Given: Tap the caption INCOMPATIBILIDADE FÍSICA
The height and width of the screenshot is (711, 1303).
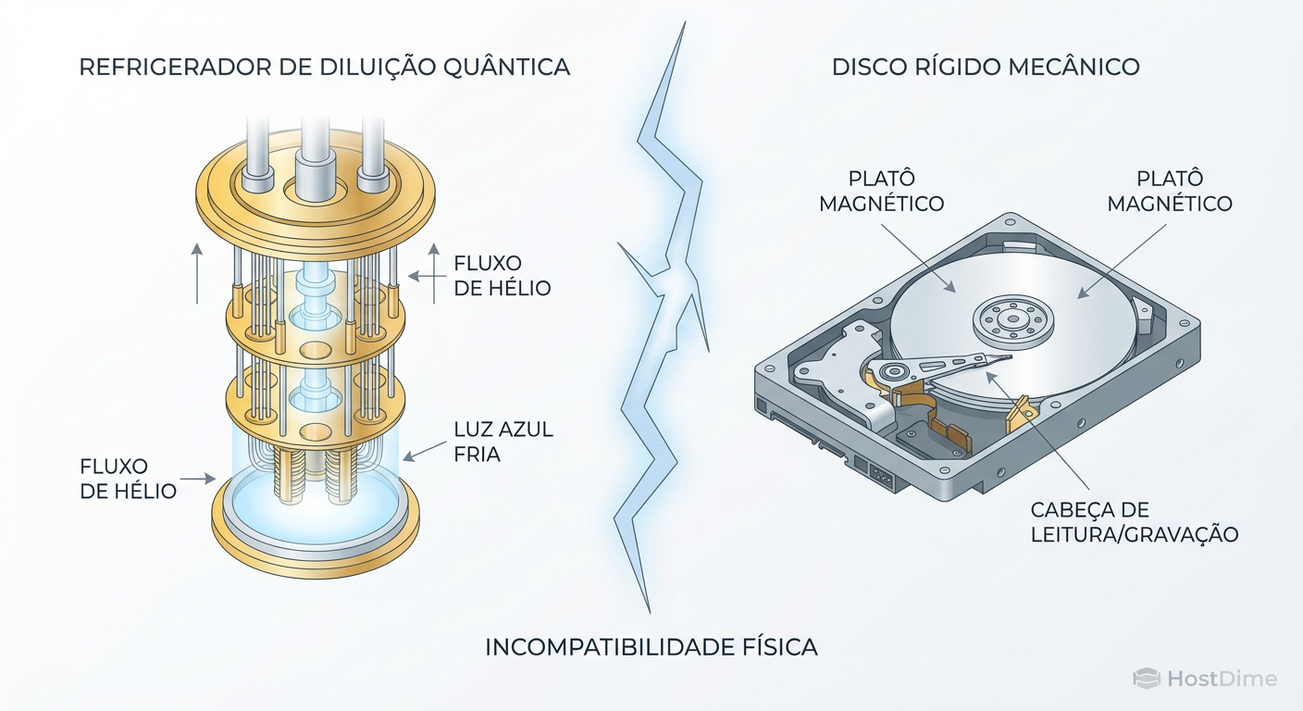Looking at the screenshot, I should tap(651, 647).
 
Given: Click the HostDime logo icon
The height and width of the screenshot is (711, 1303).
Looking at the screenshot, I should tap(1147, 679).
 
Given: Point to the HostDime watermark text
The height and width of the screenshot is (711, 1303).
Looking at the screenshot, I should tap(1222, 679).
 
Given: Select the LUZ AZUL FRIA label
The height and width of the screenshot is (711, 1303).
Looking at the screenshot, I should tap(503, 442).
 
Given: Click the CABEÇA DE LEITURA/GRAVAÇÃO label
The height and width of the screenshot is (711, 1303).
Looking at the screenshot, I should tap(1134, 522).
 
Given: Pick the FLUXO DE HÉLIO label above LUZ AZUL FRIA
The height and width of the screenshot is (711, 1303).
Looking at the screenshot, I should tap(502, 276).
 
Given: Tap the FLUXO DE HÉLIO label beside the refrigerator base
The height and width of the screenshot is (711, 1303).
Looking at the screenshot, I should tap(128, 479).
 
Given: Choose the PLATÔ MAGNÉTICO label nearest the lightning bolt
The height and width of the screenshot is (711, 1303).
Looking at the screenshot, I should tap(882, 191).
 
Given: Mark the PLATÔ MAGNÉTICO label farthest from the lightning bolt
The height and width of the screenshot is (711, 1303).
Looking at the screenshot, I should tap(1170, 191).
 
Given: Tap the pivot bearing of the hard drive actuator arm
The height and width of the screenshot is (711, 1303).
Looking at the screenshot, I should tap(894, 373).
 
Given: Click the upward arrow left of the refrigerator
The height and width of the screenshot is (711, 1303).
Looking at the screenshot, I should tap(197, 272).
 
